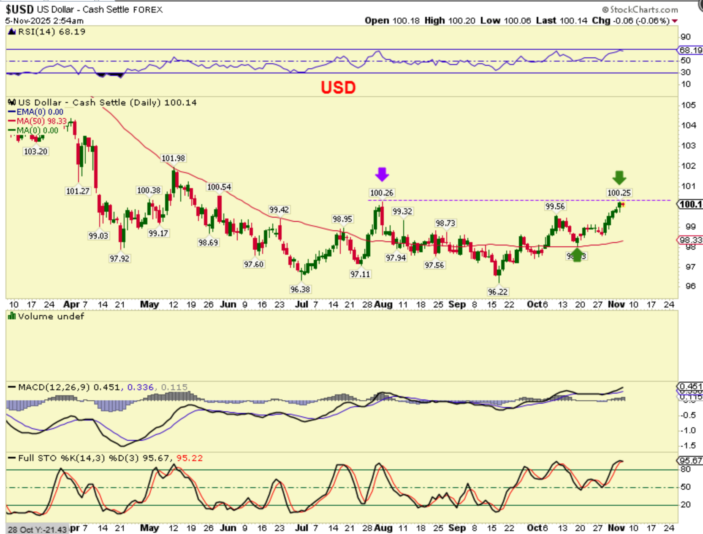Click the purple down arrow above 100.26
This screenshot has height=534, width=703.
click(382, 174)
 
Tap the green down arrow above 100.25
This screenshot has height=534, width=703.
click(619, 178)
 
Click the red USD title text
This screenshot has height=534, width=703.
click(338, 87)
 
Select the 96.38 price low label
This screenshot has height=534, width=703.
click(300, 289)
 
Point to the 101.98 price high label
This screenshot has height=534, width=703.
click(173, 158)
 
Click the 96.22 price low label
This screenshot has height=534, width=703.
click(497, 291)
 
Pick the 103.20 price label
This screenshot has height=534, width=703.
click(35, 151)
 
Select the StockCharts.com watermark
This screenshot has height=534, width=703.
click(640, 9)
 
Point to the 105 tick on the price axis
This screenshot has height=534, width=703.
click(688, 105)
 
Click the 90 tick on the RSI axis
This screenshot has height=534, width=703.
click(685, 37)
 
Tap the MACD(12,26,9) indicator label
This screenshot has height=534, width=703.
click(54, 387)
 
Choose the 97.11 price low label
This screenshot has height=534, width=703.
click(360, 274)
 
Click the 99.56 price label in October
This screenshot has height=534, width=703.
click(555, 206)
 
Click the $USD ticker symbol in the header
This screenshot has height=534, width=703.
click(19, 9)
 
